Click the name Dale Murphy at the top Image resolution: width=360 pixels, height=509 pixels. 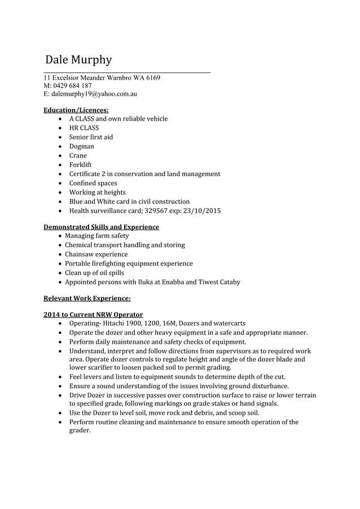point(78,60)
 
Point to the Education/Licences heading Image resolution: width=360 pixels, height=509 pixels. point(76,109)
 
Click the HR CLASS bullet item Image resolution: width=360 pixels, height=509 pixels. point(84,128)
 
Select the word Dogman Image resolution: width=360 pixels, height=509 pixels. point(82,146)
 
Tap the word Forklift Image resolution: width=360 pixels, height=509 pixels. point(80,165)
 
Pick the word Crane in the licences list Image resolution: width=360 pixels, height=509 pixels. point(78,156)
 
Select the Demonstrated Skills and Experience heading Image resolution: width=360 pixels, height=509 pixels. point(102,227)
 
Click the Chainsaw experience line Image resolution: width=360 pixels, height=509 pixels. point(96,254)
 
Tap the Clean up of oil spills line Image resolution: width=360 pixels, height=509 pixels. point(94,273)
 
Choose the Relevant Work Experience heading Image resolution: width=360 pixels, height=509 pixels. point(87,298)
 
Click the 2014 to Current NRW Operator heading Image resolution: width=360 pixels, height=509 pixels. point(93,314)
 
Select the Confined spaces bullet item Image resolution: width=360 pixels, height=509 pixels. point(93,183)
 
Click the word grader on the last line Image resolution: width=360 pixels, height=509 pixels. point(79,431)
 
